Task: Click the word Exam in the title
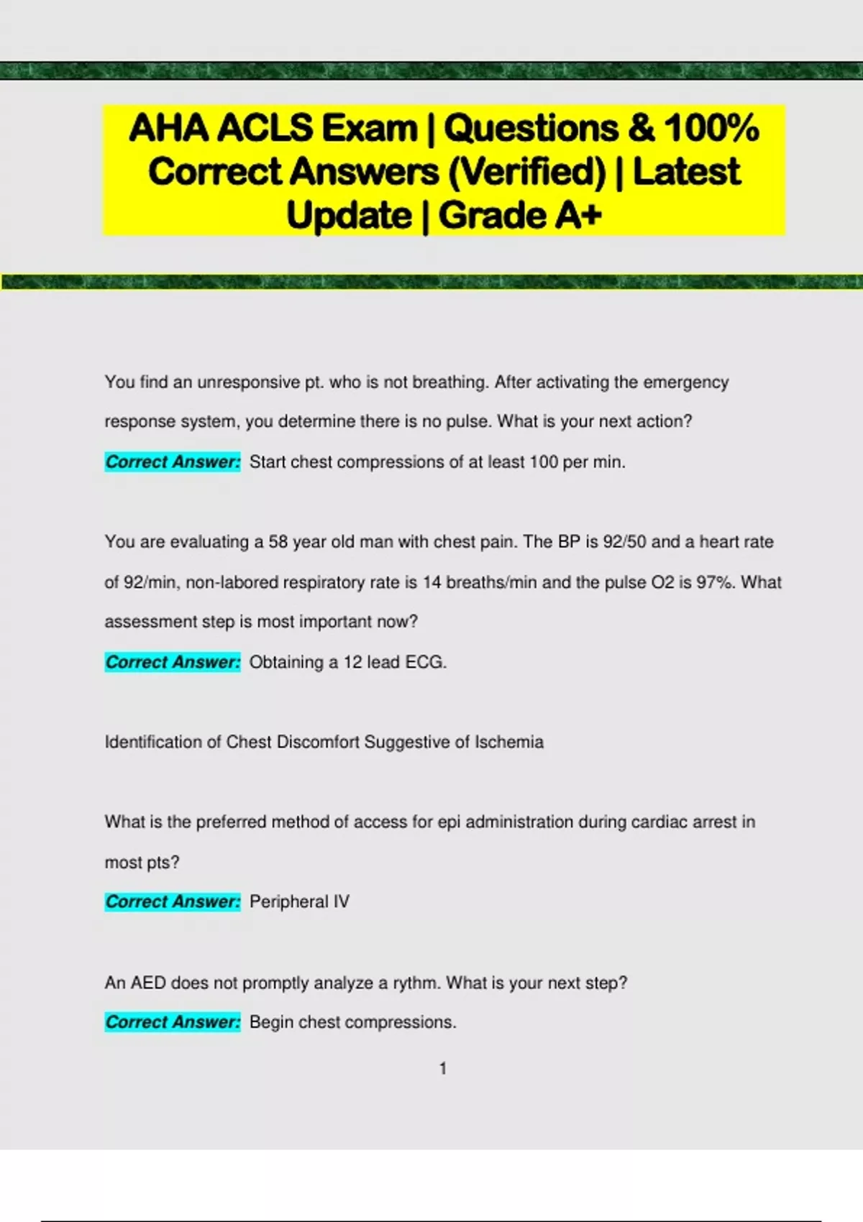[369, 129]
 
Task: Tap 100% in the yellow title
[711, 129]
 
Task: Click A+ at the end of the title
[576, 216]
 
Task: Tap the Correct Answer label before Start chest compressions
[173, 462]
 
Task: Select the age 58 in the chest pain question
[278, 542]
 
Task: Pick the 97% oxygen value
[716, 582]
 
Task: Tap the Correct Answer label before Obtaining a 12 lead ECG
[173, 662]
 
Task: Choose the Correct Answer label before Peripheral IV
[173, 902]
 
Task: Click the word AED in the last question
[148, 983]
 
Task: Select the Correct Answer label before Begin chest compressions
[173, 1022]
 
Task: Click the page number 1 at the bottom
[443, 1069]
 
